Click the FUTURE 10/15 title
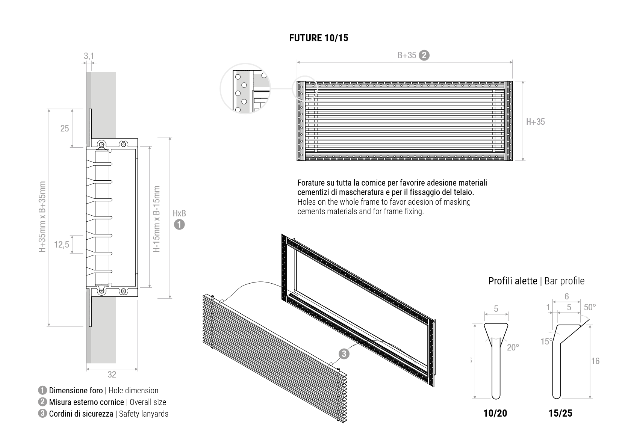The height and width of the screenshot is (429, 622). pyautogui.click(x=318, y=38)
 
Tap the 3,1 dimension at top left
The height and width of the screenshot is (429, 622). pyautogui.click(x=89, y=56)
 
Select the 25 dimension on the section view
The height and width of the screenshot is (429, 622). pyautogui.click(x=65, y=128)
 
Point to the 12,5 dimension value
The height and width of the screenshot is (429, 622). pyautogui.click(x=62, y=245)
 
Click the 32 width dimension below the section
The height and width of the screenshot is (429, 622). pyautogui.click(x=112, y=375)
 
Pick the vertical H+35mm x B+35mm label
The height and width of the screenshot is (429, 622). pyautogui.click(x=42, y=217)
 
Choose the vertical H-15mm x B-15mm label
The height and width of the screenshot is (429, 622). pyautogui.click(x=157, y=219)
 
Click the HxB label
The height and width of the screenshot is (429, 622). pyautogui.click(x=179, y=213)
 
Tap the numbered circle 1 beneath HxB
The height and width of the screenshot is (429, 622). pyautogui.click(x=179, y=225)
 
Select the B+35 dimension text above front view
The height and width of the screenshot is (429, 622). pyautogui.click(x=407, y=56)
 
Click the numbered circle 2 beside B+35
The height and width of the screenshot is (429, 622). pyautogui.click(x=424, y=55)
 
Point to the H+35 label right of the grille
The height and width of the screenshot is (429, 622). pyautogui.click(x=535, y=122)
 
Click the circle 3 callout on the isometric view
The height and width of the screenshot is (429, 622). pyautogui.click(x=344, y=354)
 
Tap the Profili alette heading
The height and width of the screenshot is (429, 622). pyautogui.click(x=513, y=281)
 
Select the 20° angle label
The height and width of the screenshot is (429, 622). pyautogui.click(x=513, y=347)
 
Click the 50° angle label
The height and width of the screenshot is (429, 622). pyautogui.click(x=590, y=307)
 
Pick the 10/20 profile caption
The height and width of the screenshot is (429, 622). pyautogui.click(x=495, y=413)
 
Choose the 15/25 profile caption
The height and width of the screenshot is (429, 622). pyautogui.click(x=560, y=413)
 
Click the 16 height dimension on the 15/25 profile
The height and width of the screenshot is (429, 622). pyautogui.click(x=595, y=361)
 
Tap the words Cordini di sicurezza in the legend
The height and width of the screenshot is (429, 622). pyautogui.click(x=81, y=414)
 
